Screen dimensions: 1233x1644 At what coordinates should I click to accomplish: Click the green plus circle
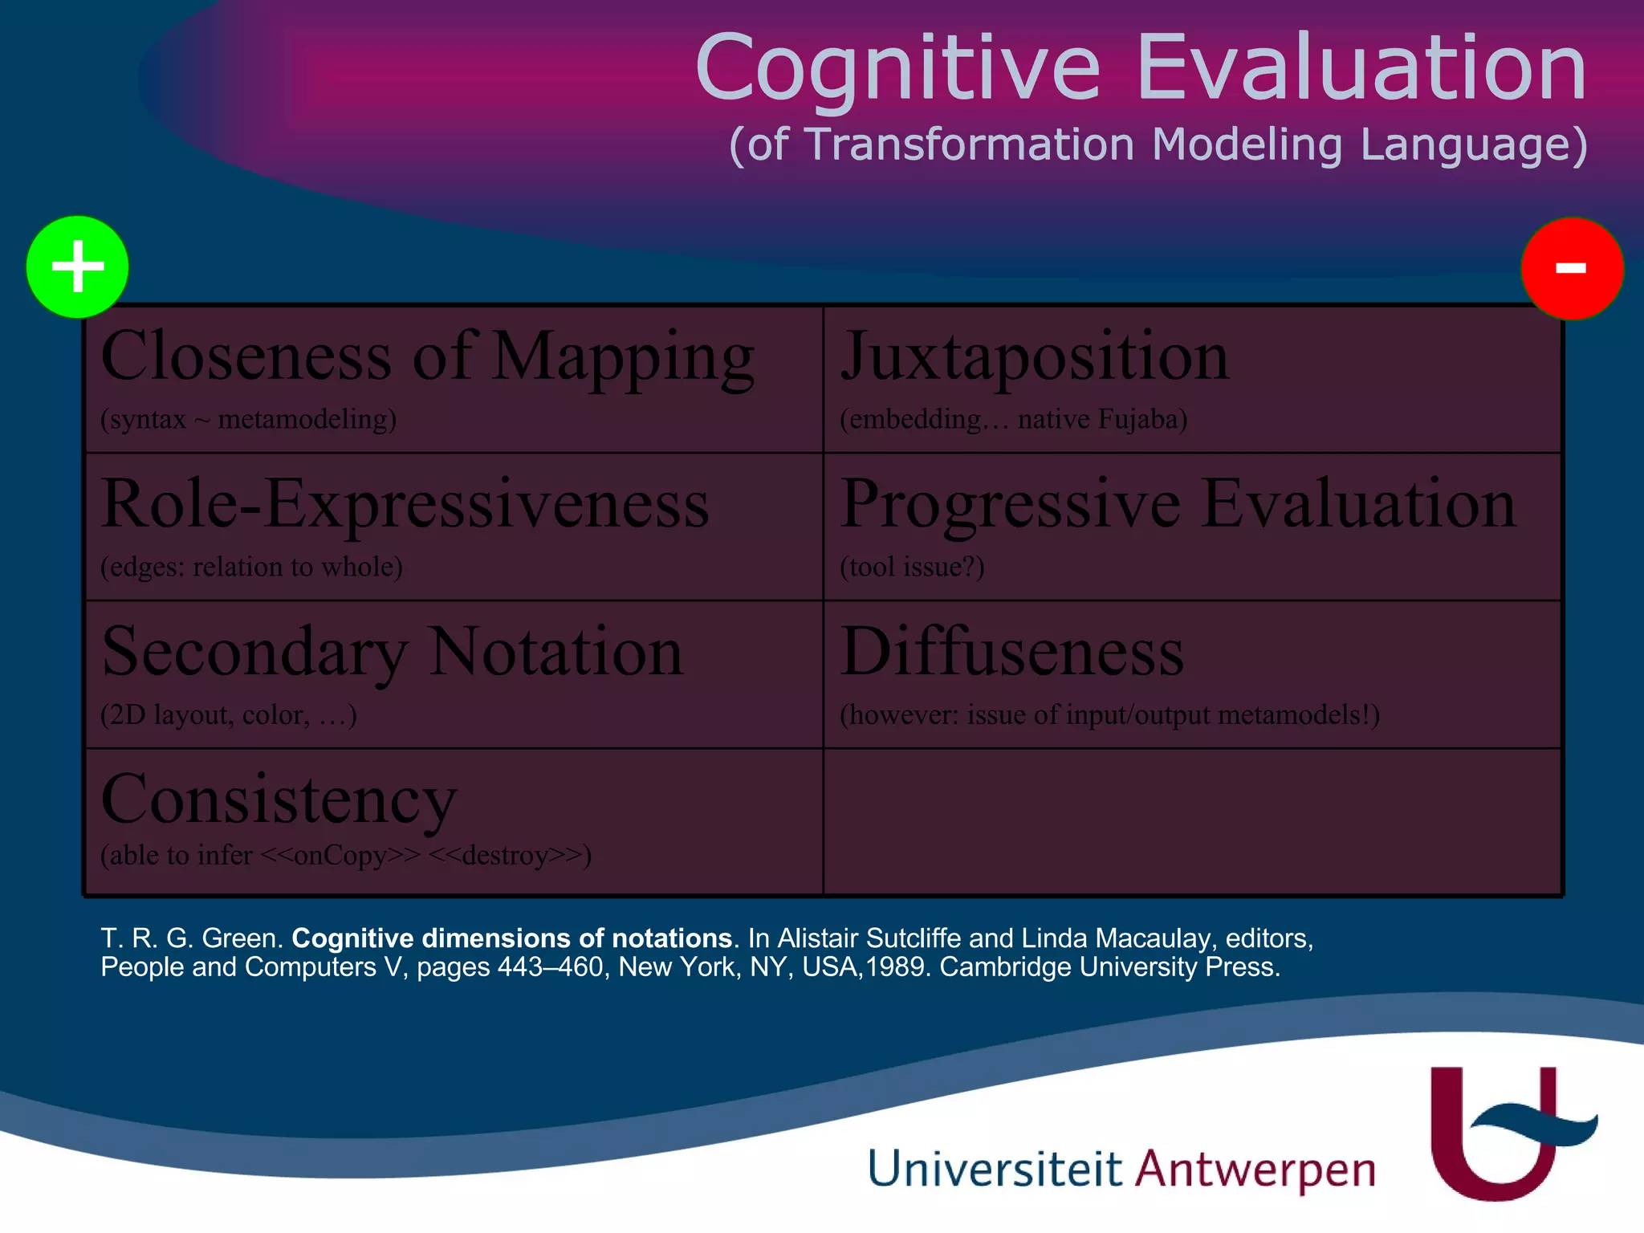[x=77, y=267]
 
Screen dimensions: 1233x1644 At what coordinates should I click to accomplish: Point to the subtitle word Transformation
[x=970, y=144]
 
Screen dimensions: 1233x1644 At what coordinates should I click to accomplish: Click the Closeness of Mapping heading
[x=427, y=357]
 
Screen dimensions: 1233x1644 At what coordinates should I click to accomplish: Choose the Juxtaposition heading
[x=1034, y=357]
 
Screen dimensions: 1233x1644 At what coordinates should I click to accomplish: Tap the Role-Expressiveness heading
[x=405, y=505]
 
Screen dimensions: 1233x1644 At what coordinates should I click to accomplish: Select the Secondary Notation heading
[x=392, y=653]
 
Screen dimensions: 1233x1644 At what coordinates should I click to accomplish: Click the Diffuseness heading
[x=1011, y=653]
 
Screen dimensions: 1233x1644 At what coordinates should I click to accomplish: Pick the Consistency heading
[x=279, y=800]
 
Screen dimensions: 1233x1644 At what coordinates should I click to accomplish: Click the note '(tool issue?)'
[x=912, y=567]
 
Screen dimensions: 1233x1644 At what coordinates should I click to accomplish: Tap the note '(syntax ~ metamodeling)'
[x=248, y=419]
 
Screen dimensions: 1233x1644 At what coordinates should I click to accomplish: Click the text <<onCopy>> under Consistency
[x=340, y=855]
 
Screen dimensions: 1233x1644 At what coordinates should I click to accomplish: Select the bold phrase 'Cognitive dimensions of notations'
[x=511, y=938]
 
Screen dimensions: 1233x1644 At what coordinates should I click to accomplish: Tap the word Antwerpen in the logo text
[x=1255, y=1169]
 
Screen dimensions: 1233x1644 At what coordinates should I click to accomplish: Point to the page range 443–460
[x=551, y=966]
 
